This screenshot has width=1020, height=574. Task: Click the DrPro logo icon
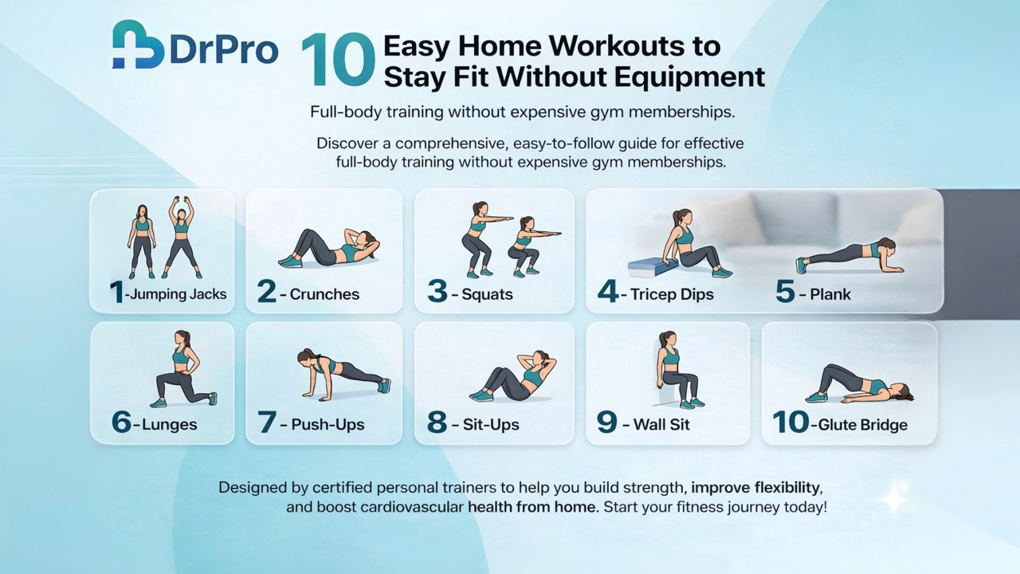tap(138, 45)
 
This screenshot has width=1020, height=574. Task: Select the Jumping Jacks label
tap(178, 294)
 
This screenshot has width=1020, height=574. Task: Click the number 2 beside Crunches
tap(266, 293)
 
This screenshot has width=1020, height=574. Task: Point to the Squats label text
tap(488, 294)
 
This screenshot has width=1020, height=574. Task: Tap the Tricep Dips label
tap(672, 294)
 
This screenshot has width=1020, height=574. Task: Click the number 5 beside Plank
tap(785, 293)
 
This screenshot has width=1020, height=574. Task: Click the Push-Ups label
tap(328, 424)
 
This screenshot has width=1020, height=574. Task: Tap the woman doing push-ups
tap(343, 373)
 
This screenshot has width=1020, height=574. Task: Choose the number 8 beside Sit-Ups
tap(437, 423)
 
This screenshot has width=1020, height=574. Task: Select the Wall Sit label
tap(661, 424)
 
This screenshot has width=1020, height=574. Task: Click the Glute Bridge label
tap(863, 424)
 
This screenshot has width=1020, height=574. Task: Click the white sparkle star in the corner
tap(894, 497)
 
